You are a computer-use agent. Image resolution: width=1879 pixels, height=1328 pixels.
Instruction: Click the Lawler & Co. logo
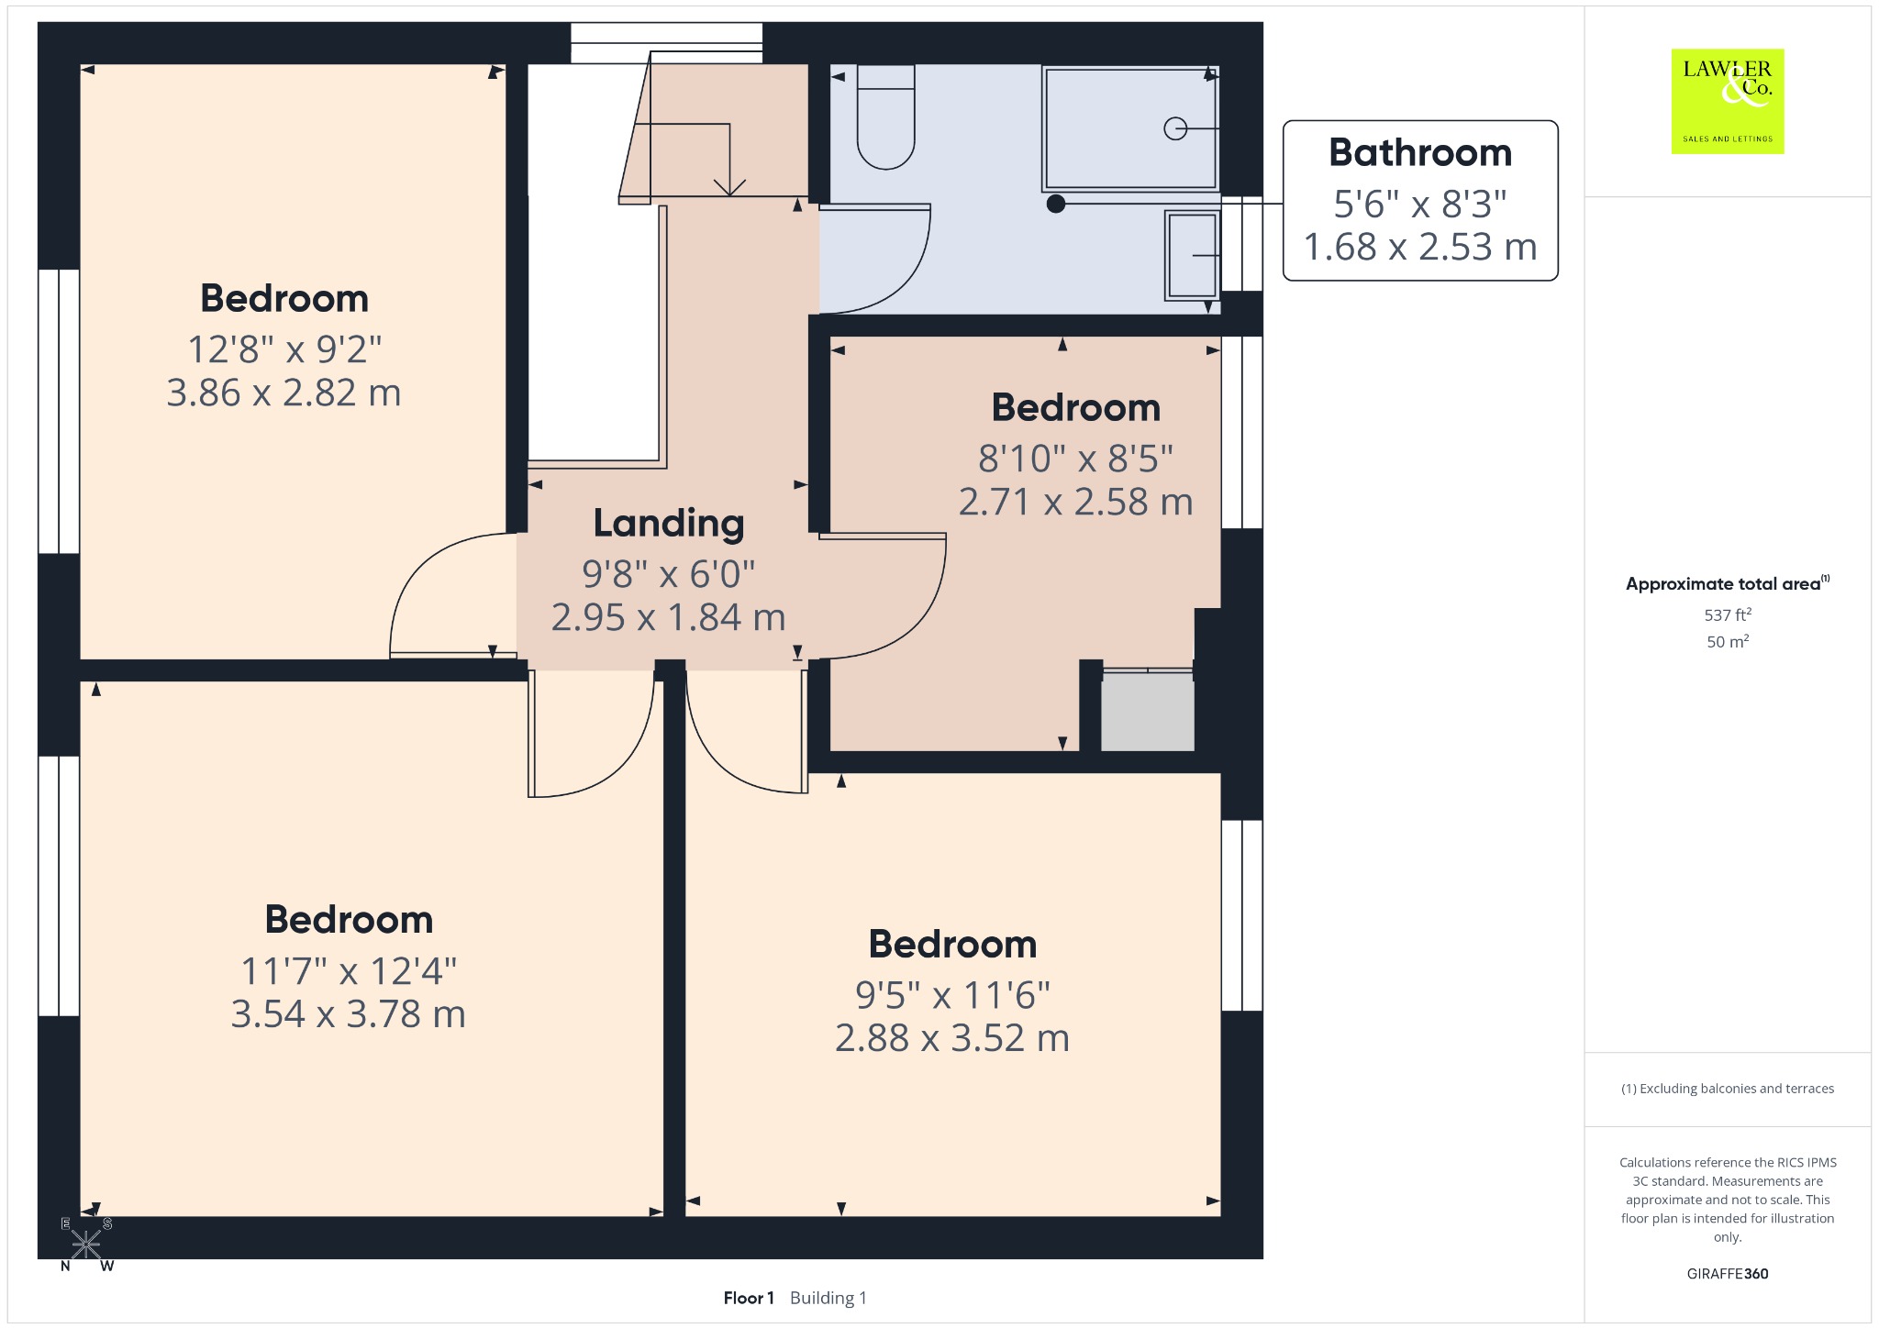pos(1728,101)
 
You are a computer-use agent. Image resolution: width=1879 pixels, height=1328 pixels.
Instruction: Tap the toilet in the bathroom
pos(885,116)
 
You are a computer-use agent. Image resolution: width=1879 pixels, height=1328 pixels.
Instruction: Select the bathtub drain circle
pos(1174,129)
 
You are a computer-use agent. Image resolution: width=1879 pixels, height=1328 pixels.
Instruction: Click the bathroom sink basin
pos(1192,255)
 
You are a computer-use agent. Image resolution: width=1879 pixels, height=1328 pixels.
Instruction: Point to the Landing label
pos(669,524)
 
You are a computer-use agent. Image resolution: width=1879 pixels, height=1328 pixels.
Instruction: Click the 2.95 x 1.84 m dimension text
pos(669,617)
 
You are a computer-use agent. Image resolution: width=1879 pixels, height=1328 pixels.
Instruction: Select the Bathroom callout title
pos(1420,152)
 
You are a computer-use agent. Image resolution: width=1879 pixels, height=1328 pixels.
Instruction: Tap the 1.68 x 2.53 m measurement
pos(1420,247)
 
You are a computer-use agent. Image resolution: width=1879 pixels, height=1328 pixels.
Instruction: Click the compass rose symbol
pos(86,1245)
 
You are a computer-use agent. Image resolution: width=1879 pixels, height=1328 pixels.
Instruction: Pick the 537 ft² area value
pos(1728,614)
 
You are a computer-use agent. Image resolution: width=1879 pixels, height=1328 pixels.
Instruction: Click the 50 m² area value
pos(1728,641)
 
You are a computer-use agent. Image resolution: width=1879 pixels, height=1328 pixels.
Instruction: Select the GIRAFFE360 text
pos(1728,1273)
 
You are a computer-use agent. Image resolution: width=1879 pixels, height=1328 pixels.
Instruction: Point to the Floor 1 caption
pos(749,1298)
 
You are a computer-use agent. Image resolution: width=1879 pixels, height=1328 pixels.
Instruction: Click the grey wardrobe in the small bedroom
pos(1148,711)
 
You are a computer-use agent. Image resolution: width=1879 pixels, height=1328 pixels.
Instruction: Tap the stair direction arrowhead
pos(729,187)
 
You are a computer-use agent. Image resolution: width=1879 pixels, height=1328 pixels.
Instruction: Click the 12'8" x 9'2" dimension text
pos(284,349)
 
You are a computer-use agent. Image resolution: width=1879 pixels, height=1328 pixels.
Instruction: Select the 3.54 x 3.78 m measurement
pos(349,1014)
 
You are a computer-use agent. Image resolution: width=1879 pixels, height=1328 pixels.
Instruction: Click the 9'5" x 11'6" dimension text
pos(952,995)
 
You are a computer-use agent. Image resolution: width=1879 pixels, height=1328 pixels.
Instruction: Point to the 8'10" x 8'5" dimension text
pos(1075,459)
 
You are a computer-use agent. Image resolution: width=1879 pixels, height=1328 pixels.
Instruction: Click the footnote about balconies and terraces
pos(1728,1089)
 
